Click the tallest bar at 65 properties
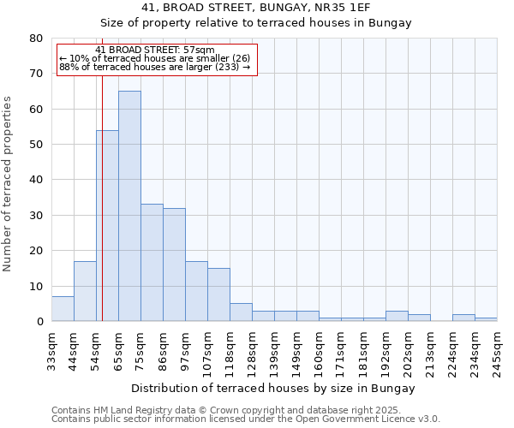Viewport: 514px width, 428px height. pyautogui.click(x=129, y=205)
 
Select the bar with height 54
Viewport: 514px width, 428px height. pyautogui.click(x=107, y=226)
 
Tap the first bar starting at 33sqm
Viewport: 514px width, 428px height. pyautogui.click(x=63, y=309)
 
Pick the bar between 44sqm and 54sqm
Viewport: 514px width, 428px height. pyautogui.click(x=85, y=291)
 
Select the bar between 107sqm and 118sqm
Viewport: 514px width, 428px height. pyautogui.click(x=218, y=294)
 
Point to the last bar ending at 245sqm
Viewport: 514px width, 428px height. pyautogui.click(x=486, y=319)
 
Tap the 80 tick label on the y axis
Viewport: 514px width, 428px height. pyautogui.click(x=36, y=39)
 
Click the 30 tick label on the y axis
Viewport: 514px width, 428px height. pyautogui.click(x=36, y=216)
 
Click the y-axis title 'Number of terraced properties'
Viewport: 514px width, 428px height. pyautogui.click(x=8, y=183)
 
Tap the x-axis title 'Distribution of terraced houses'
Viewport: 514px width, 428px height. pyautogui.click(x=273, y=388)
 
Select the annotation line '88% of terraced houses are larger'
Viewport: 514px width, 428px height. pyautogui.click(x=154, y=67)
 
